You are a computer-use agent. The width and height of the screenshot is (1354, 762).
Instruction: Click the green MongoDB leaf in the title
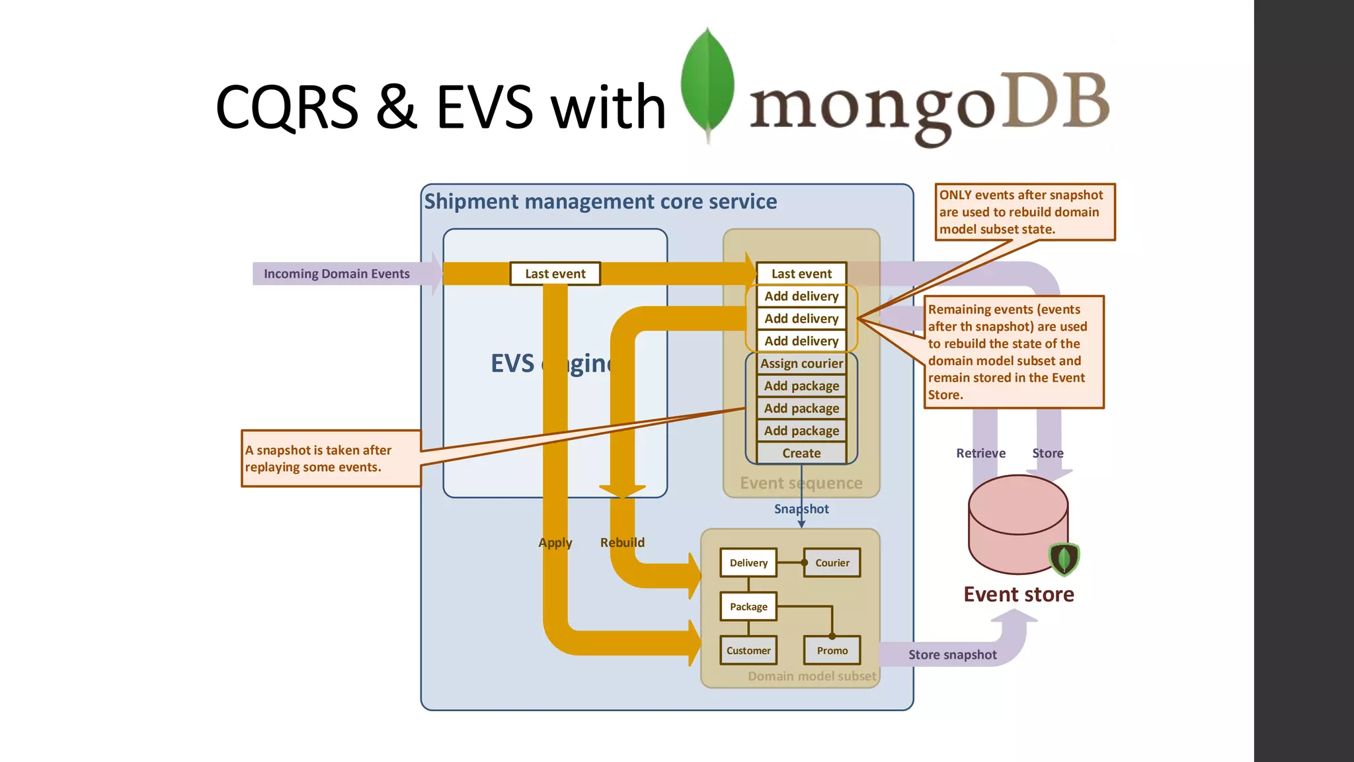point(707,83)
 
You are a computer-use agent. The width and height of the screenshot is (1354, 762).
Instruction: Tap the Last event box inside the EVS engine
point(555,274)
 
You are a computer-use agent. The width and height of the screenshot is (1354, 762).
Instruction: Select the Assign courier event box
point(801,363)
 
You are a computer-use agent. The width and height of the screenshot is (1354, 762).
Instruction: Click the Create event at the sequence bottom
point(801,453)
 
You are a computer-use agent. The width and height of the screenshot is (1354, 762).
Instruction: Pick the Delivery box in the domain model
point(748,563)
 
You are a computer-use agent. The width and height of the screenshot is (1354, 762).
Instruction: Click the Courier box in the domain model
point(832,563)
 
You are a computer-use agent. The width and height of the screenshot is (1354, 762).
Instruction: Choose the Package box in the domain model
point(748,607)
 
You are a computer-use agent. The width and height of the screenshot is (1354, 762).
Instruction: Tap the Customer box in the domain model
point(748,650)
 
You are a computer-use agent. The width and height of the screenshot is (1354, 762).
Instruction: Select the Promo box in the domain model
point(832,650)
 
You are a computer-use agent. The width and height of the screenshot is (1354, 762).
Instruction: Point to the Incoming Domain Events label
point(337,274)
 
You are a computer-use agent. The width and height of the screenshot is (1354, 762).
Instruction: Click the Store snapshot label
point(952,655)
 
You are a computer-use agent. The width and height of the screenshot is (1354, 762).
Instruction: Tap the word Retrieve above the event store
point(980,453)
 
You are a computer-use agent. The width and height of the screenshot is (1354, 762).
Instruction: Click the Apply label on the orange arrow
point(555,542)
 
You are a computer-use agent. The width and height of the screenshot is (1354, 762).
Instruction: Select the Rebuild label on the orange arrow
point(622,542)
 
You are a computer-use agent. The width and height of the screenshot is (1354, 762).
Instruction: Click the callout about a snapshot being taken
point(331,458)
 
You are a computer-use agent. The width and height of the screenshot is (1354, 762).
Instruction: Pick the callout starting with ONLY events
point(1025,212)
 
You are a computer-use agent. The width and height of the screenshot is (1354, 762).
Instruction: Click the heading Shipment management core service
point(600,201)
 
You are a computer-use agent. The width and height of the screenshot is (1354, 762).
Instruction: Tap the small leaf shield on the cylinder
point(1064,559)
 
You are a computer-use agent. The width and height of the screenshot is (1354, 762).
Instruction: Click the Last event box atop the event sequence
point(801,274)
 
